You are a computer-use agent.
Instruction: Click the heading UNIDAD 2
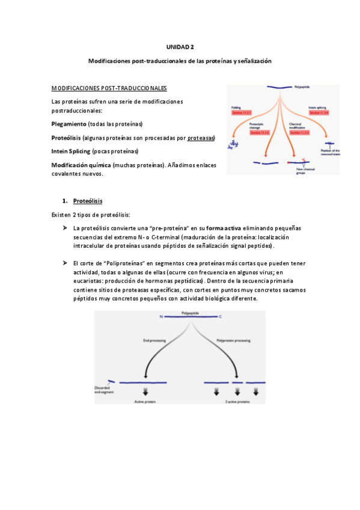point(180,46)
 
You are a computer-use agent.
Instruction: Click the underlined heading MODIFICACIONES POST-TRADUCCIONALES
point(109,88)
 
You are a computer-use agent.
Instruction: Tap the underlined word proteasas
point(201,138)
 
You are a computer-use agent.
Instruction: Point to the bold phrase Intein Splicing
point(71,152)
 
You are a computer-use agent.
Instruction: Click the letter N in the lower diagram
point(161,317)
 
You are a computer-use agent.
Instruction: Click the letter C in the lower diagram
point(220,317)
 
